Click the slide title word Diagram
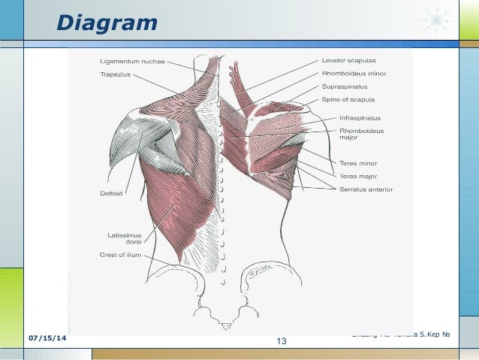(108, 24)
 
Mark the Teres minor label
(358, 162)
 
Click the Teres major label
(358, 176)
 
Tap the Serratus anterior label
(366, 189)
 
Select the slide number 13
(282, 343)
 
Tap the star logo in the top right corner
(435, 18)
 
